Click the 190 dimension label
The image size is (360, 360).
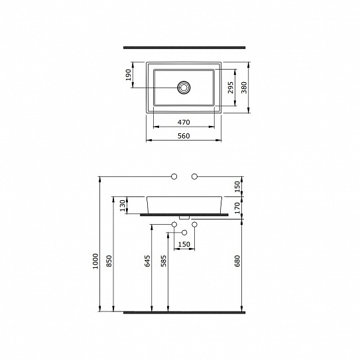coord(129,75)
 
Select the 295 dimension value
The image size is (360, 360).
coord(230,88)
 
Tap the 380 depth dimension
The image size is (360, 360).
coord(244,88)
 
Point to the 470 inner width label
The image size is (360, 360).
coord(184,122)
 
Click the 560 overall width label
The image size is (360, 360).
coord(184,136)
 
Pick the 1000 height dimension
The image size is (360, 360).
coord(95,261)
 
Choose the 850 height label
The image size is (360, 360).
coord(109,261)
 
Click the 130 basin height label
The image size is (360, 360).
coord(123,206)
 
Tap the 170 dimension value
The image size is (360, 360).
coord(237,208)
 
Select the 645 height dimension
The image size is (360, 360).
coord(147,261)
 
